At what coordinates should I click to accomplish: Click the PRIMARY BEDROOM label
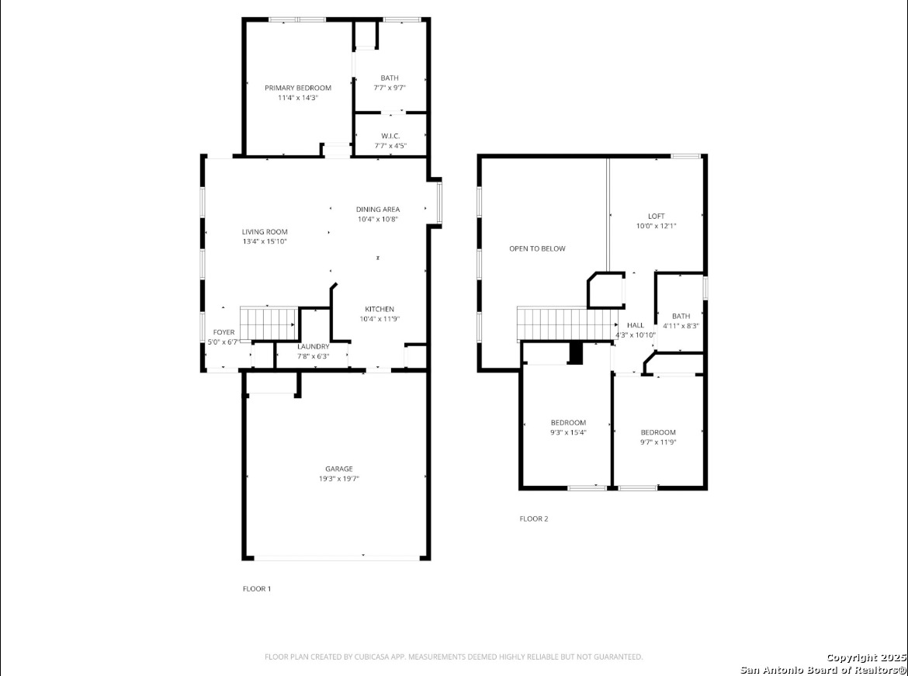(x=298, y=88)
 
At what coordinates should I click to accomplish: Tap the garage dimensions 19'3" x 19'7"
(x=339, y=479)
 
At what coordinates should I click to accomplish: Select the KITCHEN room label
(x=379, y=310)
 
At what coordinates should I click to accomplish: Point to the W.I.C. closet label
(x=390, y=136)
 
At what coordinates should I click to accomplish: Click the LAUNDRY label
(x=314, y=346)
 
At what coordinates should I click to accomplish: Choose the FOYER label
(x=224, y=332)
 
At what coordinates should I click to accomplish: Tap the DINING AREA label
(x=378, y=210)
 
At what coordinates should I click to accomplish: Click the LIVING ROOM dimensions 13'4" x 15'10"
(x=265, y=241)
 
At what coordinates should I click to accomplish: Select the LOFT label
(x=656, y=217)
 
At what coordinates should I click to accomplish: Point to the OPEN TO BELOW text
(x=537, y=249)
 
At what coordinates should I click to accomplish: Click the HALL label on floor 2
(x=636, y=325)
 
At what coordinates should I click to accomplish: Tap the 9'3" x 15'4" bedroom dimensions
(x=568, y=432)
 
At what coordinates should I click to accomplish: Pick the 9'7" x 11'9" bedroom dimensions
(x=658, y=442)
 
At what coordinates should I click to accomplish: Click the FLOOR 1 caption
(x=257, y=589)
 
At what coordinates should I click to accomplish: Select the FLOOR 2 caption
(x=534, y=519)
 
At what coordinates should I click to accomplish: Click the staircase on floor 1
(x=269, y=323)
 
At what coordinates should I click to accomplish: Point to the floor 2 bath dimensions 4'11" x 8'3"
(x=681, y=326)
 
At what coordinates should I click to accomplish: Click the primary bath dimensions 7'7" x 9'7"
(x=390, y=88)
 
